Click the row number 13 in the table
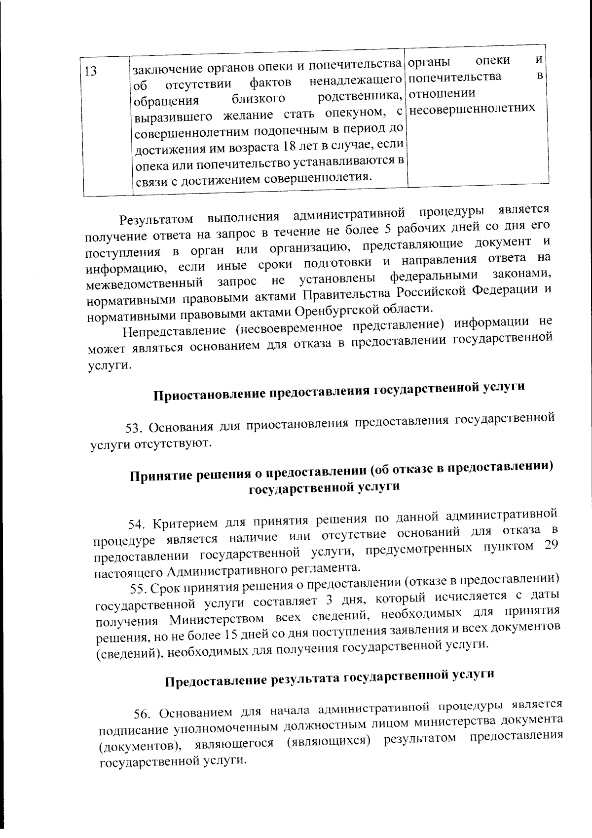click(x=90, y=71)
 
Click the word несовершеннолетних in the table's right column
click(x=472, y=108)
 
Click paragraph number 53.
click(x=133, y=427)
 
